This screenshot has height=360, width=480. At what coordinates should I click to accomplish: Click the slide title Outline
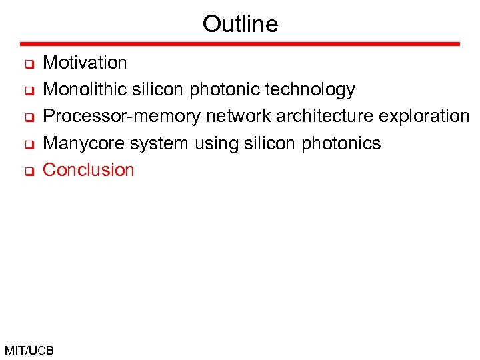[240, 24]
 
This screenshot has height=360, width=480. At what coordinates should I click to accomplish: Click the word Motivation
[85, 63]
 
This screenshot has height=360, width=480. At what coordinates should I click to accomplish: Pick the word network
[237, 117]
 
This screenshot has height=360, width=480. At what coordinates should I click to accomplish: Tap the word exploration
[424, 117]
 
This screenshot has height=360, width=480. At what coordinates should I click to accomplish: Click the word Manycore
[83, 143]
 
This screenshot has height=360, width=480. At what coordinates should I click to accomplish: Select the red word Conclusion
[89, 170]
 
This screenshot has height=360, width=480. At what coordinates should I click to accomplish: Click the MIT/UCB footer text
[29, 350]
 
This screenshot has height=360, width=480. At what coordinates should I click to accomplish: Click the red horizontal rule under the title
[240, 44]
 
